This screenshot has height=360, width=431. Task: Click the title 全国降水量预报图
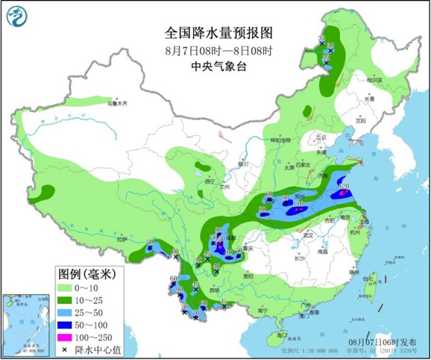215,32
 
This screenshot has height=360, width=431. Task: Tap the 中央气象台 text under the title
215,66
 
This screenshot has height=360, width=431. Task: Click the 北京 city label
319,137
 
